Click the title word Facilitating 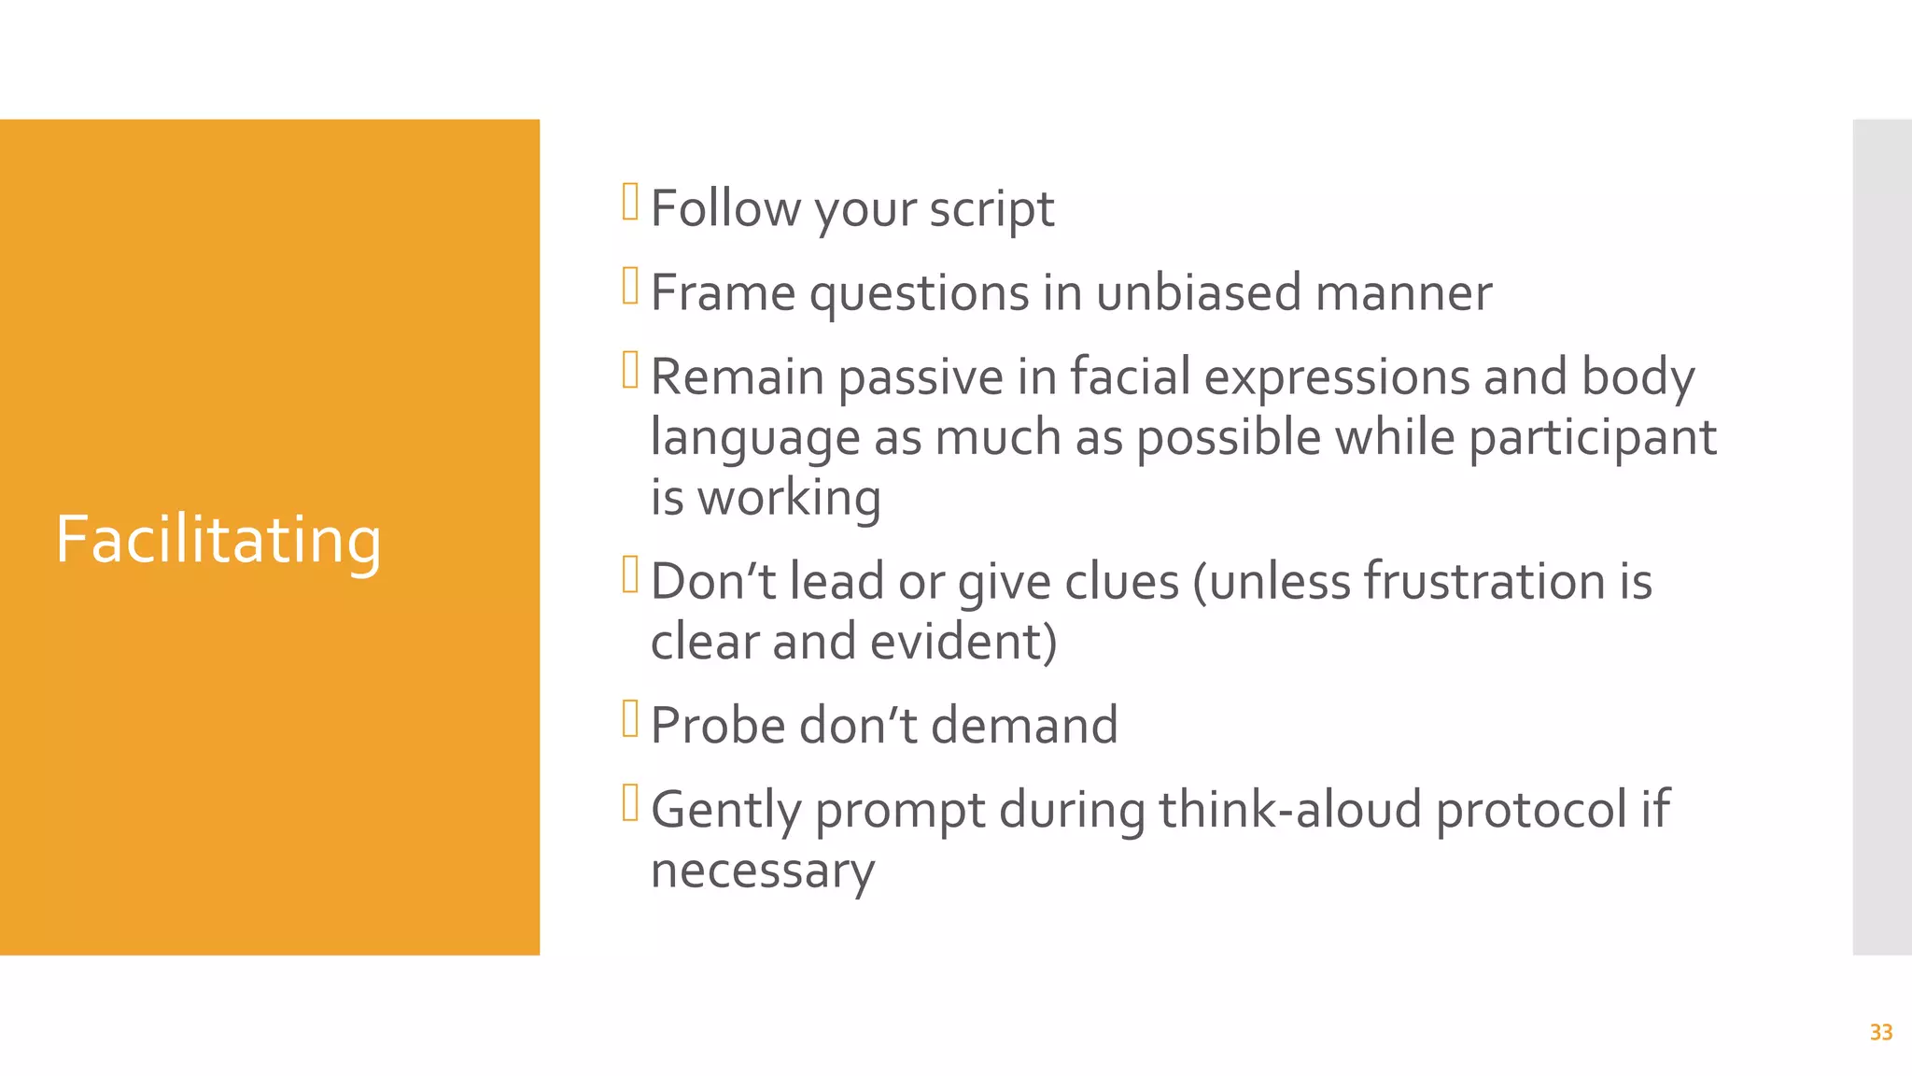tap(218, 541)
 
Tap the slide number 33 tap(1880, 1032)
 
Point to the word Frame tap(722, 293)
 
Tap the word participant tap(1592, 438)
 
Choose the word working tap(789, 499)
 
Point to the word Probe tap(718, 726)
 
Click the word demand tap(1024, 726)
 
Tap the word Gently tap(725, 811)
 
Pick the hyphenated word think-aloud tap(1290, 810)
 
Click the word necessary tap(762, 871)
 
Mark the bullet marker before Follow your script tap(630, 202)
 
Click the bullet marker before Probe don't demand tap(630, 719)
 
